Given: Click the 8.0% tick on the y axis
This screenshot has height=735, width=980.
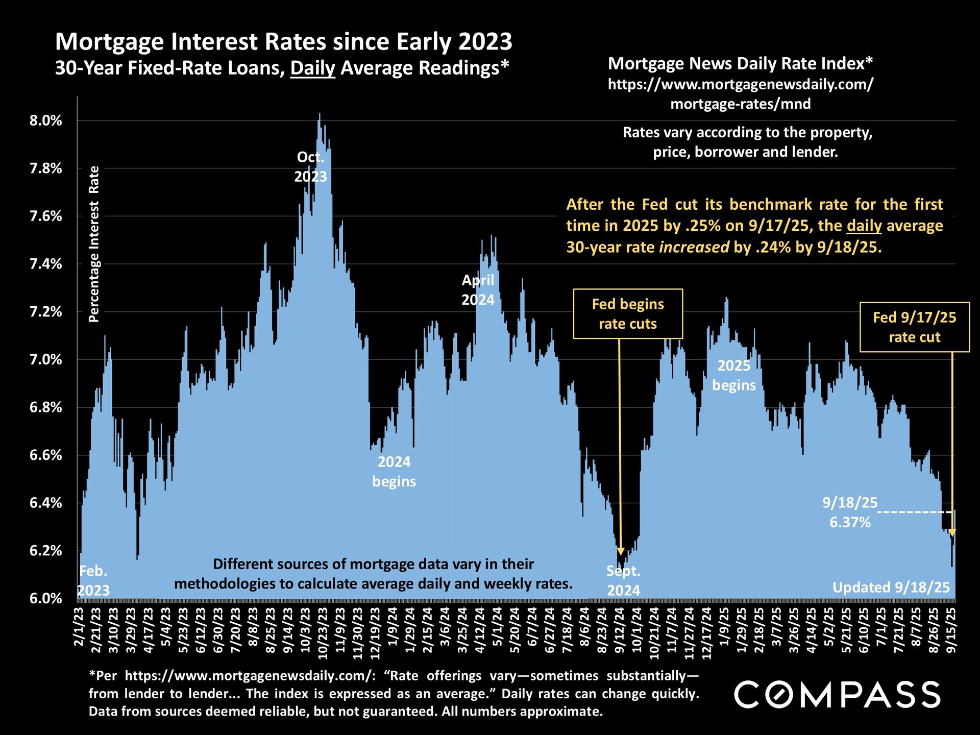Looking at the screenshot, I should click(46, 121).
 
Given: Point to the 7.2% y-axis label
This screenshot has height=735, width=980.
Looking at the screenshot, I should click(46, 312).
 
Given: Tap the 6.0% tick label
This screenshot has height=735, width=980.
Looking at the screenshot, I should click(46, 598).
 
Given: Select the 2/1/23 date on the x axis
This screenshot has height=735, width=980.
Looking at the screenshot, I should click(80, 626).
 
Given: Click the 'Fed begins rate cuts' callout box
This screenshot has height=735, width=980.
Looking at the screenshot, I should click(628, 314).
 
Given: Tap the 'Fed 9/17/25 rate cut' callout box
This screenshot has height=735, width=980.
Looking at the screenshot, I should click(914, 327).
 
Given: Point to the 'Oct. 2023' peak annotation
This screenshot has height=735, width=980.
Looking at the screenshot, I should click(310, 167).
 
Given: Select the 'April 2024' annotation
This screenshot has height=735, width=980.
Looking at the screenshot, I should click(478, 290).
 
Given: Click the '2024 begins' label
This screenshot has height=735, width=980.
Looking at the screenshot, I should click(394, 472).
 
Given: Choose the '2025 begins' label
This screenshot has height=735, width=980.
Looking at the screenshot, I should click(734, 375).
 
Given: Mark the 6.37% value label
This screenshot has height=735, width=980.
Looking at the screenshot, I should click(850, 522).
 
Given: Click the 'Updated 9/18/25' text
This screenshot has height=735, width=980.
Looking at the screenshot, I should click(891, 587).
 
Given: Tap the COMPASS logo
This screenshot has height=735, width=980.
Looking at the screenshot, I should click(837, 694).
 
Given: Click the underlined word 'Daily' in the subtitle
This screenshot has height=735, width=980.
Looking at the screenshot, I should click(312, 68).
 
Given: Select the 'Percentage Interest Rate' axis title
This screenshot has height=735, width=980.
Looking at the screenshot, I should click(94, 244).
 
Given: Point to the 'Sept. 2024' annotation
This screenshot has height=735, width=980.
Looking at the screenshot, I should click(623, 581).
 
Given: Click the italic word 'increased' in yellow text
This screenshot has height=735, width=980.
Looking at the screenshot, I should click(694, 248).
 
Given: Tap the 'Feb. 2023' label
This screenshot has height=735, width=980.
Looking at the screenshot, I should click(94, 580).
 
